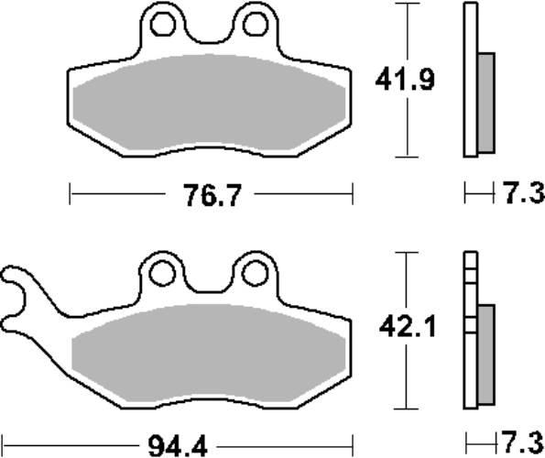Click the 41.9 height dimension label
[x=405, y=80]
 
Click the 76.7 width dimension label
[x=212, y=196]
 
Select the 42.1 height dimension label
[x=407, y=327]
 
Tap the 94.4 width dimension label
[x=178, y=446]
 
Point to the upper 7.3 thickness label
[x=524, y=193]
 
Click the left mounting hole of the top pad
[x=163, y=24]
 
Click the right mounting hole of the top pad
[x=256, y=24]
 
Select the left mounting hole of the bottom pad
[x=161, y=274]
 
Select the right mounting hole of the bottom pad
[x=255, y=274]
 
